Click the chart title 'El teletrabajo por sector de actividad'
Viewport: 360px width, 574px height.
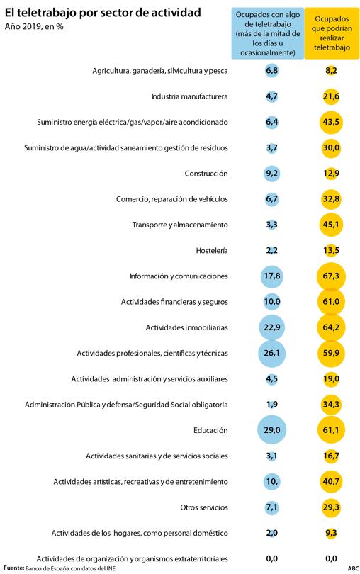coord(103,13)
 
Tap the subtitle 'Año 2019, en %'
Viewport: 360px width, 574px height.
coord(34,27)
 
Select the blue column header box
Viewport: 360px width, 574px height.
coord(268,33)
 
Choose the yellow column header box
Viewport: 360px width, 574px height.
coord(332,33)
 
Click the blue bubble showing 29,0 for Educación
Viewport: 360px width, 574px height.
coord(271,429)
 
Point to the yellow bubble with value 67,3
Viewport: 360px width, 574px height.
coord(331,276)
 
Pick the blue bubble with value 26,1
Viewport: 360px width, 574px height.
coord(271,353)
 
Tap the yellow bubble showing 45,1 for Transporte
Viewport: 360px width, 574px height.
coord(331,225)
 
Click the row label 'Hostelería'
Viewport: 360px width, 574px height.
coord(212,250)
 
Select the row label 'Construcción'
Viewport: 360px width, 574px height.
coord(206,174)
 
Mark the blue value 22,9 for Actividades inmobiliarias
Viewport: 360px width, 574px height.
coord(271,327)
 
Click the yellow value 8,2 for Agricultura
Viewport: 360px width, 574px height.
coord(331,71)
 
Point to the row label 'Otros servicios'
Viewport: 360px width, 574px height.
coord(204,507)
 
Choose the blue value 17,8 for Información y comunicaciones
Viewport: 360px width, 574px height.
coord(271,276)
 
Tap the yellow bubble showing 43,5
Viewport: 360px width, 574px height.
coord(331,122)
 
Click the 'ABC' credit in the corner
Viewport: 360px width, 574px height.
coord(354,568)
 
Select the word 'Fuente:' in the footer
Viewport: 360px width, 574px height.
coord(14,568)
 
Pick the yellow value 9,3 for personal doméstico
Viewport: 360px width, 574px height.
coord(331,533)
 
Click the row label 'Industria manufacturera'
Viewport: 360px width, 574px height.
coord(189,96)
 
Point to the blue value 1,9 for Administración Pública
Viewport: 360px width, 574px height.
coord(271,405)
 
